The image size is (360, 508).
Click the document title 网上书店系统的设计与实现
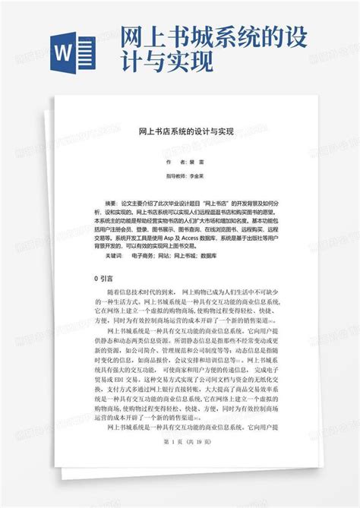[x=185, y=132]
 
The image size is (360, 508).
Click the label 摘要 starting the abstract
[x=112, y=204]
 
